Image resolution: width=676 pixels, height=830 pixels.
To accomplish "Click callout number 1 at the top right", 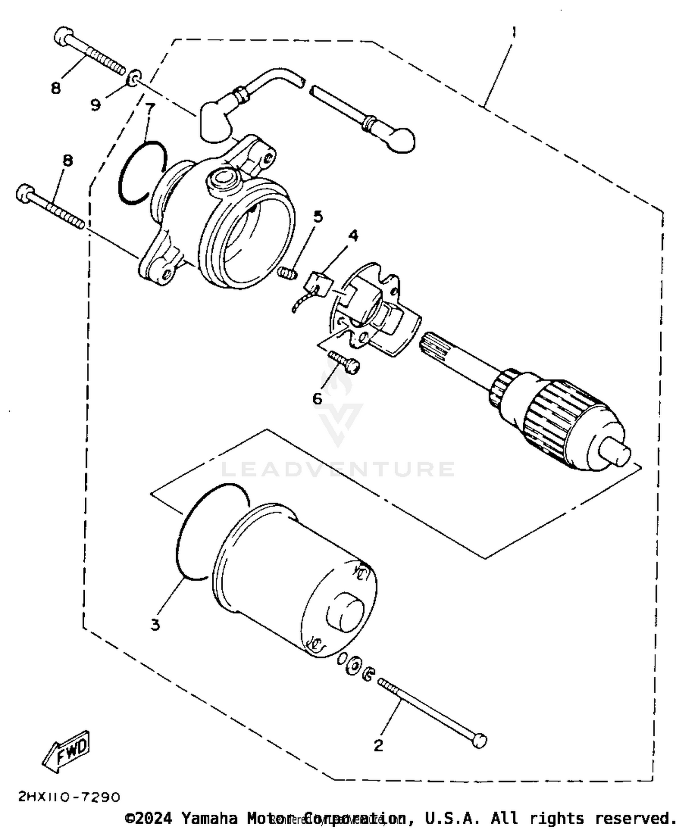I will (x=513, y=32).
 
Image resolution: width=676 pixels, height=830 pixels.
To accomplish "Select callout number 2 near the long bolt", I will (x=378, y=745).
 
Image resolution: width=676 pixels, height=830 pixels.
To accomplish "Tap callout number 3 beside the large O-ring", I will (x=155, y=625).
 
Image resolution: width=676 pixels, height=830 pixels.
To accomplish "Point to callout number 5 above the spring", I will (x=318, y=217).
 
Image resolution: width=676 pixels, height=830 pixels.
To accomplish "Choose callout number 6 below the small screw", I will (x=317, y=398).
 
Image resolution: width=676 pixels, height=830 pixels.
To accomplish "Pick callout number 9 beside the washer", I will (x=96, y=105).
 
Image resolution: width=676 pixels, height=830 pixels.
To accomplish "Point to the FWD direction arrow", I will (x=66, y=751).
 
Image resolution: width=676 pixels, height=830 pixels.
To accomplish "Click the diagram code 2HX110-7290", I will (x=69, y=797).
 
